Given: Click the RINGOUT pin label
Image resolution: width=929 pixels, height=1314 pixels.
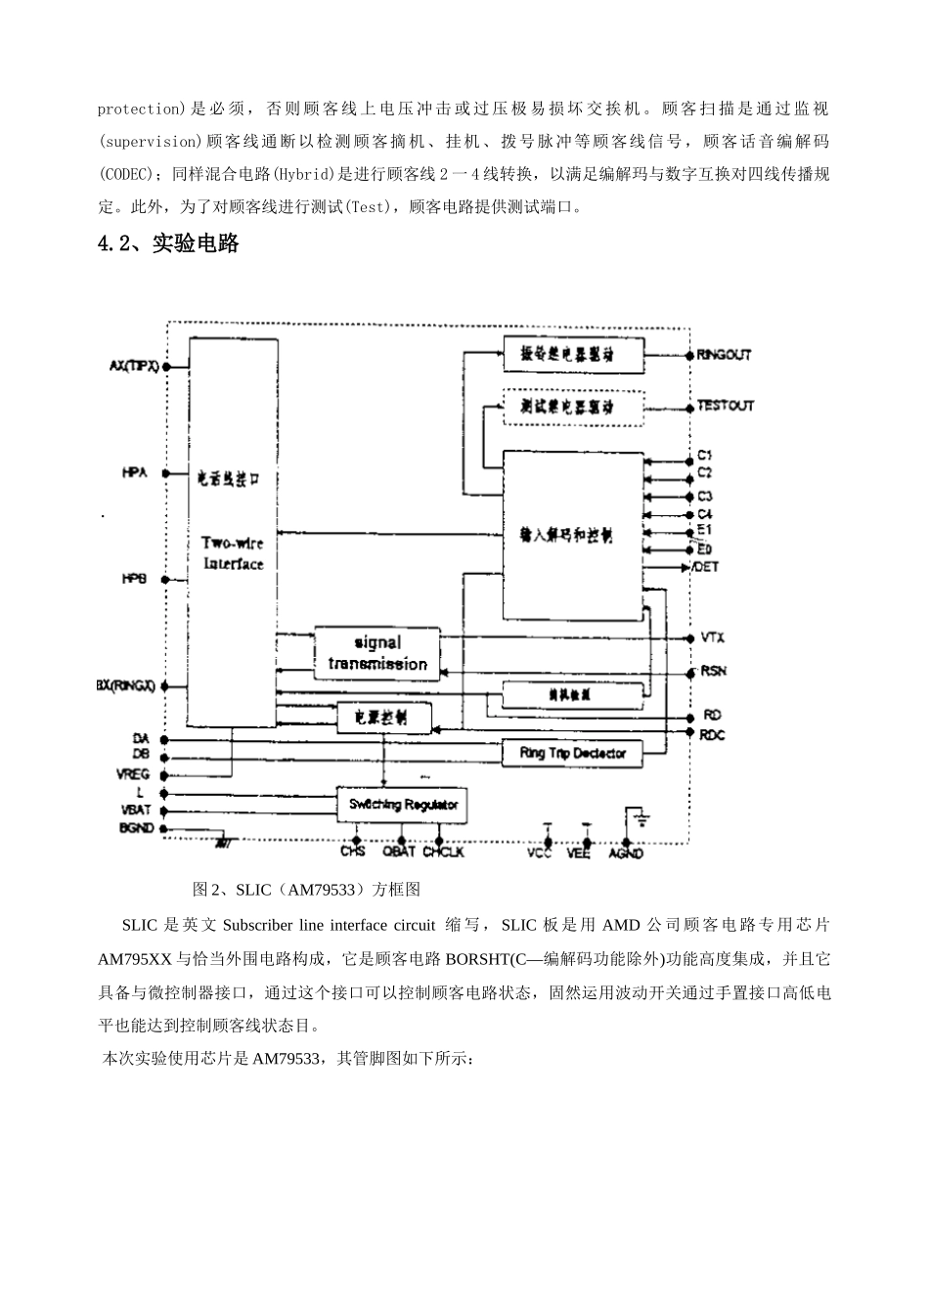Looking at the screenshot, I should point(724,354).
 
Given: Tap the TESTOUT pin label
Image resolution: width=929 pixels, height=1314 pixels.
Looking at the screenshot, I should point(725,405).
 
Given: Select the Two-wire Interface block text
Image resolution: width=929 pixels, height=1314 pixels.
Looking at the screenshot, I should point(233,553).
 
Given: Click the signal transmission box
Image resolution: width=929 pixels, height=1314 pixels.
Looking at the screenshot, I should point(376,653).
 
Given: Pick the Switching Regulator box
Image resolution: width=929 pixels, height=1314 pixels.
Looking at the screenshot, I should point(403,805).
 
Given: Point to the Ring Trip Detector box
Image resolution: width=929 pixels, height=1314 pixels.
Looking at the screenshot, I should point(572,753).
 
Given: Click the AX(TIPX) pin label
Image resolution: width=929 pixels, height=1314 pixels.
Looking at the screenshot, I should point(134,366).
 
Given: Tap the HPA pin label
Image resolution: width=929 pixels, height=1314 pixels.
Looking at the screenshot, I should point(135,473).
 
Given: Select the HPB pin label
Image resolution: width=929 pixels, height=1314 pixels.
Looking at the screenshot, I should point(135,579).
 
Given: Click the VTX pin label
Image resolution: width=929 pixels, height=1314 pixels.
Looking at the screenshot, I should point(712,637).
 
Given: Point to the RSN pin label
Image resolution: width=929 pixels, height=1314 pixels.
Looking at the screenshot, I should point(713,671).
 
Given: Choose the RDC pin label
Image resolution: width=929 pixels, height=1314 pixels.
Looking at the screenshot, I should point(712,735).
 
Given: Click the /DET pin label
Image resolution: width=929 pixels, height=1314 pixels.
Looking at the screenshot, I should point(705,567).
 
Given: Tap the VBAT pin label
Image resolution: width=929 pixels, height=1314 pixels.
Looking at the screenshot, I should point(134,810).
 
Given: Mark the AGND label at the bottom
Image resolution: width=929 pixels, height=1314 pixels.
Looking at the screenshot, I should point(626,854).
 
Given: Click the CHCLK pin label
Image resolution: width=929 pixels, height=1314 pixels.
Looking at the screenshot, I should point(443,853).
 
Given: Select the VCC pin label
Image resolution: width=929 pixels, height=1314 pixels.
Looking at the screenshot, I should point(539,854).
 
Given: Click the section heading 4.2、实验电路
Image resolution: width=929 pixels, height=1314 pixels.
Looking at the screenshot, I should point(169,244).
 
